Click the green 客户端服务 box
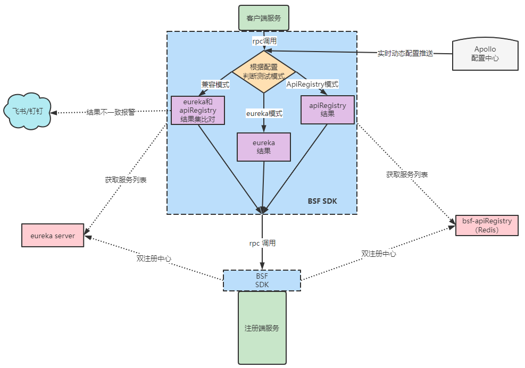tap(263, 18)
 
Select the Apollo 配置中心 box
tap(485, 54)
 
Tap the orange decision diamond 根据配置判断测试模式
tap(264, 71)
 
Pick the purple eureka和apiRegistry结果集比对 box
tap(198, 110)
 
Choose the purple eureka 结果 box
tap(264, 146)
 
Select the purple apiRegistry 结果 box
tap(327, 110)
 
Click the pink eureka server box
tap(53, 235)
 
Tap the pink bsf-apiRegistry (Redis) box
tap(487, 225)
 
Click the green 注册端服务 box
tap(262, 328)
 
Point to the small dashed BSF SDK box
tap(262, 280)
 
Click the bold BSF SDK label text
tap(322, 201)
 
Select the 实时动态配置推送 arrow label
tap(405, 53)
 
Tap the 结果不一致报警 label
tap(111, 112)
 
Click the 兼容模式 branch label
tap(215, 84)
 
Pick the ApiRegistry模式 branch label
tap(313, 84)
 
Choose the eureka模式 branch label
tap(264, 113)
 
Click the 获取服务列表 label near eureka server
tap(126, 180)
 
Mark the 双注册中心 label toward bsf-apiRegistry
tap(379, 254)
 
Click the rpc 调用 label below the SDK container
tap(262, 243)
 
